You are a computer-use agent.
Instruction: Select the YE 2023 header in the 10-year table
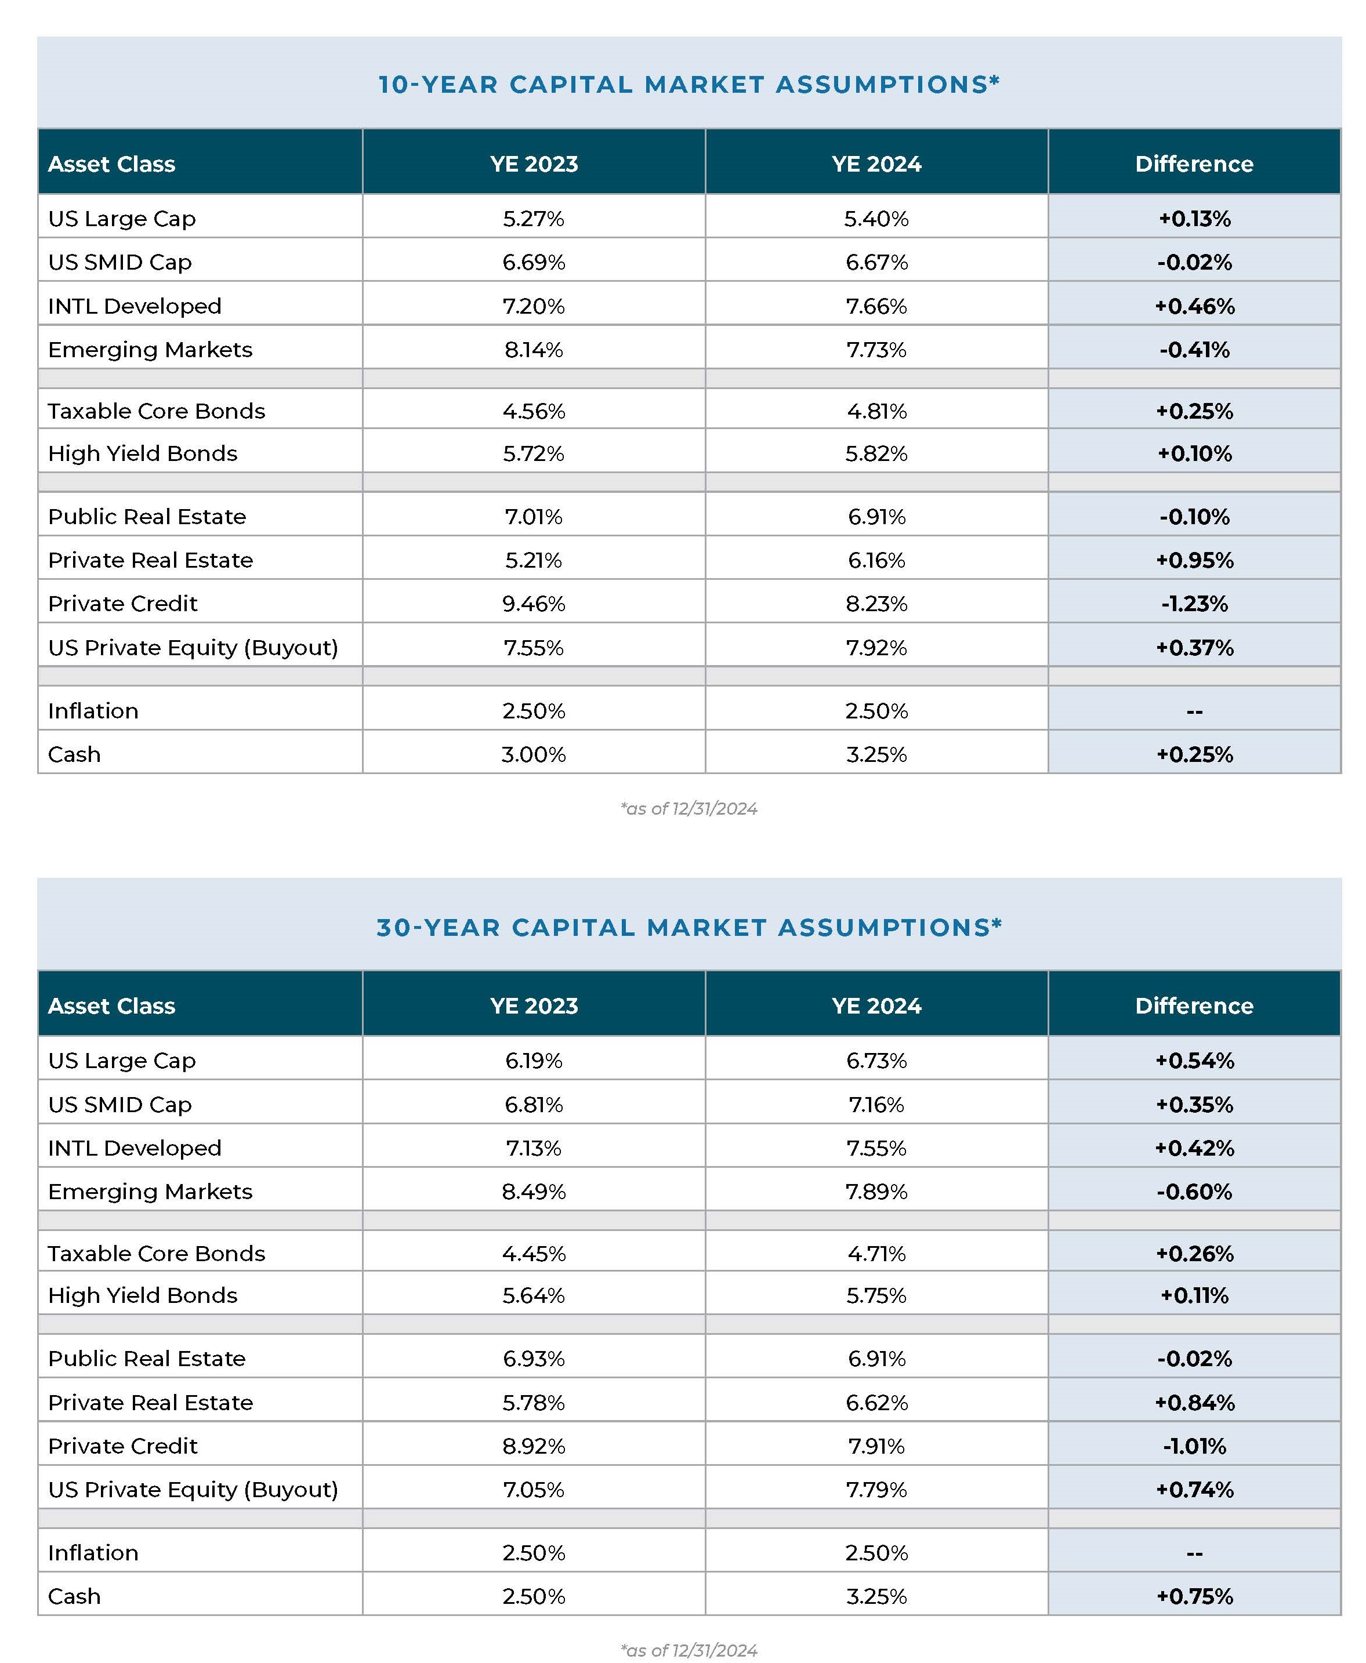(x=534, y=164)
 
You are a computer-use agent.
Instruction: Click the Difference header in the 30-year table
(x=1194, y=1005)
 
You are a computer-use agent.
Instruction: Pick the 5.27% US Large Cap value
(x=534, y=219)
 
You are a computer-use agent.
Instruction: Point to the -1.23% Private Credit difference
(x=1194, y=604)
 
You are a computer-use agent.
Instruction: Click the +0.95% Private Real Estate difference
(x=1194, y=560)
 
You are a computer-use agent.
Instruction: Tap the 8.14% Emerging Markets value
(x=534, y=349)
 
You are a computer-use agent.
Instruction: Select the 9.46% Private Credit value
(x=534, y=604)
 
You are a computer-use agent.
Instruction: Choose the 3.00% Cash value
(x=534, y=754)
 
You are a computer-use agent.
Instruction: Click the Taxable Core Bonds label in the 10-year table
(x=157, y=411)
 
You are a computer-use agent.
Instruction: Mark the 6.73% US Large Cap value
(x=876, y=1061)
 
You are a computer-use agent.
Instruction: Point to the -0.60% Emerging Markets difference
(x=1194, y=1191)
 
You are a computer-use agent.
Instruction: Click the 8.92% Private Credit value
(x=534, y=1446)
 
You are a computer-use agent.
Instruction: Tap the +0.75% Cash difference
(x=1194, y=1596)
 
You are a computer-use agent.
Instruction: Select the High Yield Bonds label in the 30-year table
(x=143, y=1295)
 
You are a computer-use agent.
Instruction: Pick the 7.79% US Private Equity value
(x=876, y=1489)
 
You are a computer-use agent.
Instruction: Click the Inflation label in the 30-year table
(x=93, y=1553)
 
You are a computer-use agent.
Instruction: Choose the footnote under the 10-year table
(x=689, y=809)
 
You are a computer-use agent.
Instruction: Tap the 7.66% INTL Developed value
(x=876, y=306)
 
